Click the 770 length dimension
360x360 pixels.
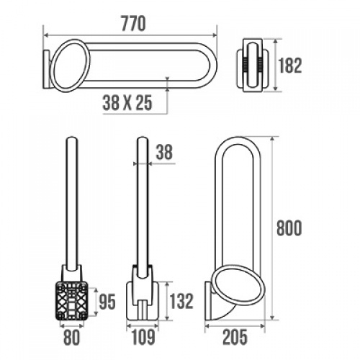pos(130,23)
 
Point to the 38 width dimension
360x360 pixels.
pos(165,152)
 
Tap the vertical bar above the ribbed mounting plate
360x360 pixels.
pos(72,202)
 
